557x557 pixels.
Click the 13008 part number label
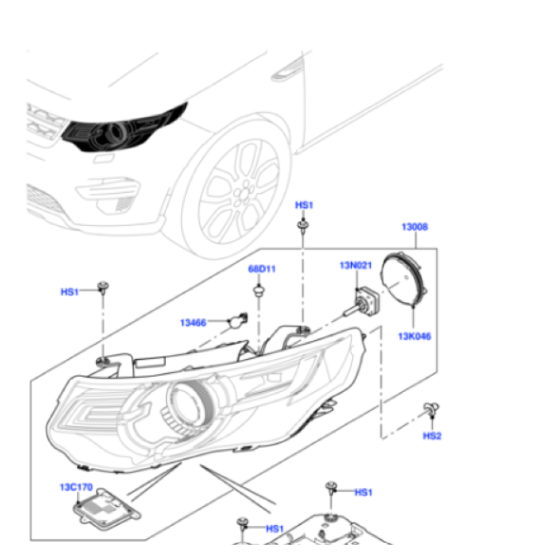click(415, 227)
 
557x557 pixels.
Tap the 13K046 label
click(414, 336)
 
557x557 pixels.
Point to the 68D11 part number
click(262, 270)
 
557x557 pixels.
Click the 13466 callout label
click(193, 323)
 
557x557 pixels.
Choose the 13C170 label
click(76, 487)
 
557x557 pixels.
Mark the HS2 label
click(432, 436)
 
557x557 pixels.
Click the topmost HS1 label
click(304, 206)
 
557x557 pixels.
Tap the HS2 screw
click(429, 408)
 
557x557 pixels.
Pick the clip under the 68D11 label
click(257, 291)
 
